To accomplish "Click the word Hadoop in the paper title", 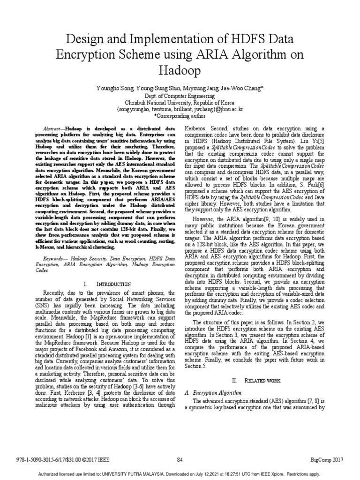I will pyautogui.click(x=180, y=70).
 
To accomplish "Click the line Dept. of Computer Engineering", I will pyautogui.click(x=180, y=96).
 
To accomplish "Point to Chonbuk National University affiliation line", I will pyautogui.click(x=180, y=102).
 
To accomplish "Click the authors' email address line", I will pyautogui.click(x=180, y=108).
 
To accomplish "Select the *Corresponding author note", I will pyautogui.click(x=180, y=115).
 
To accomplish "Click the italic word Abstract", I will pyautogui.click(x=52, y=128).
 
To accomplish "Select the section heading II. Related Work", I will pyautogui.click(x=257, y=381).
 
